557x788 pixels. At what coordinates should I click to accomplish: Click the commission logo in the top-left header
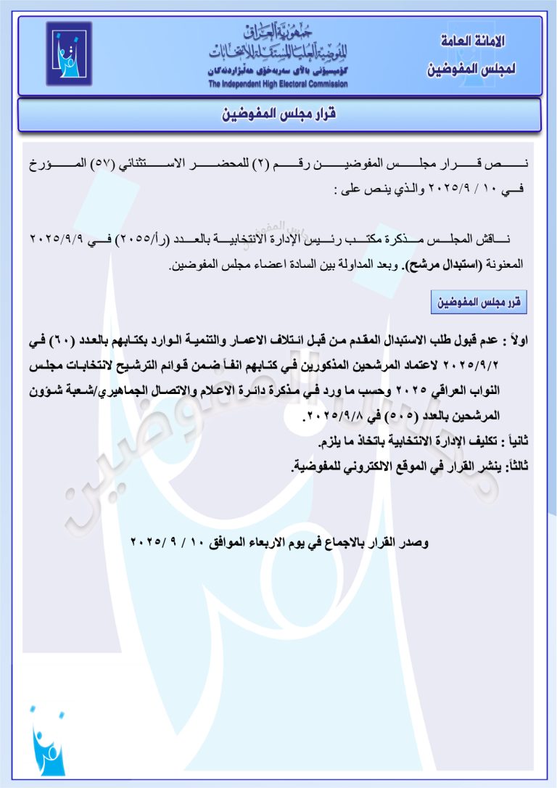click(x=70, y=53)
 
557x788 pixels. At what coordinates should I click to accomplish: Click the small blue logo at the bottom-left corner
click(x=48, y=744)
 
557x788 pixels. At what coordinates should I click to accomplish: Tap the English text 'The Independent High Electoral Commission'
click(x=278, y=84)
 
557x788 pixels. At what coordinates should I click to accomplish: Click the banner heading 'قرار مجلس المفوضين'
click(x=279, y=115)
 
